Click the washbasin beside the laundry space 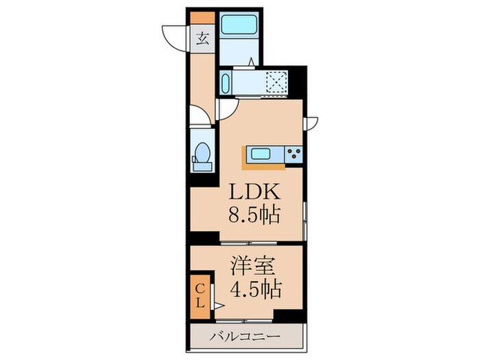coord(227,84)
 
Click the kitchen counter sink coord(260,153)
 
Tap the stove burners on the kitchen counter coord(294,153)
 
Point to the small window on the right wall coord(313,123)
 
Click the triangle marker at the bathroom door coord(252,62)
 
